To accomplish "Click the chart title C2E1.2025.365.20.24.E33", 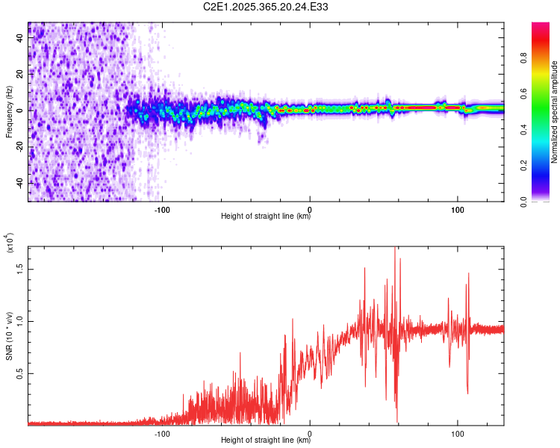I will point(266,7).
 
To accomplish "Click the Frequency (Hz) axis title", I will point(9,112).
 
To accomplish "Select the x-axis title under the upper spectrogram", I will point(266,217).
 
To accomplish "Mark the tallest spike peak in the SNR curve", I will point(394,248).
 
